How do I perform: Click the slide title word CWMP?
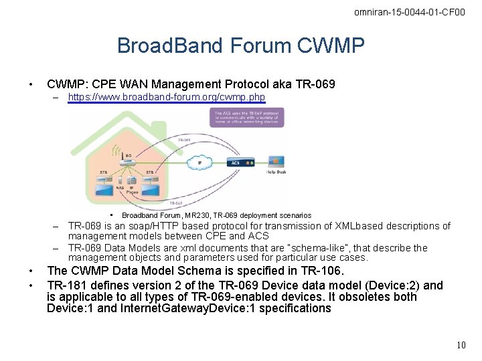tap(332, 45)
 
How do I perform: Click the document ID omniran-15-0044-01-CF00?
tap(409, 12)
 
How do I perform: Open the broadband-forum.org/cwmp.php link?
tap(167, 97)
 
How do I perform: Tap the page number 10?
tap(461, 345)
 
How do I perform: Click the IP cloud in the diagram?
tap(199, 162)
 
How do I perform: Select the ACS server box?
tap(240, 162)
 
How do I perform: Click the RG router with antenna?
tap(127, 159)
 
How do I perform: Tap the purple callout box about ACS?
tap(249, 118)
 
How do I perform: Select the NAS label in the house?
tap(118, 188)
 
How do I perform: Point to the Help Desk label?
tap(276, 172)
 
